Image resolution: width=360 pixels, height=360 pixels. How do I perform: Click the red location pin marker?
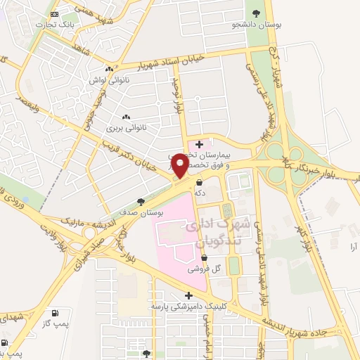(x=179, y=166)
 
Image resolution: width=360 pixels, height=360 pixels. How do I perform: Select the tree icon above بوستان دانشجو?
(x=253, y=13)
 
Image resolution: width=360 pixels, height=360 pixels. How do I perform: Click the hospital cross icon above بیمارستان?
(x=200, y=144)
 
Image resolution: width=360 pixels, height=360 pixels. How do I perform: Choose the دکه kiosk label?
(x=200, y=191)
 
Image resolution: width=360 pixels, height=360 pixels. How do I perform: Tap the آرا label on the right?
(x=353, y=246)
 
